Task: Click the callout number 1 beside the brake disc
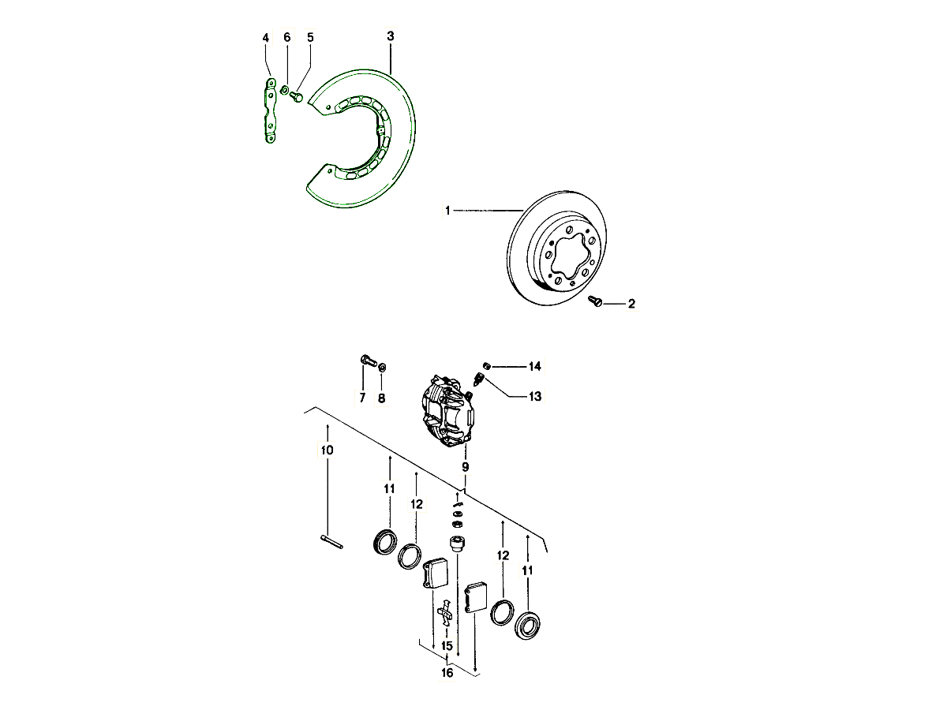tap(447, 211)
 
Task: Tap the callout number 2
tap(631, 304)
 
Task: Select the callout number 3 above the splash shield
tap(391, 35)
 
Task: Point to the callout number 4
tap(266, 38)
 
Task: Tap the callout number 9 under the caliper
tap(465, 467)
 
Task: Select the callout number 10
tap(327, 450)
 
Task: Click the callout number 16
tap(447, 672)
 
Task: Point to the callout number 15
tap(447, 646)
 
